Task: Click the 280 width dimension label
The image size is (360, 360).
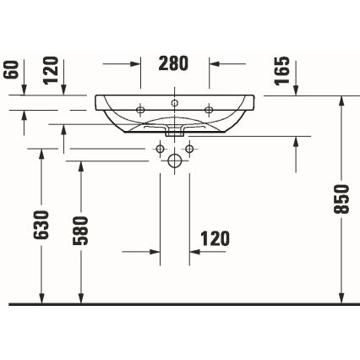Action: coord(174,63)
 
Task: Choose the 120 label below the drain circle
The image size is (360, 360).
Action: coord(215,239)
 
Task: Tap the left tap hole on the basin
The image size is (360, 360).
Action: coord(140,107)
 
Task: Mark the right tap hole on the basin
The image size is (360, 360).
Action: coord(210,107)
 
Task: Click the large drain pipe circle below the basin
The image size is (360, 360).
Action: coord(175,160)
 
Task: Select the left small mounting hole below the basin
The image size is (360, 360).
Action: coord(159,150)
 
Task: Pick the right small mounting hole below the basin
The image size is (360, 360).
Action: coord(190,150)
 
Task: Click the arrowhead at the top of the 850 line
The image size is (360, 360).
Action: coord(341,100)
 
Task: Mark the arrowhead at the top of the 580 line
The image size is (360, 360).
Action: coord(80,164)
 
